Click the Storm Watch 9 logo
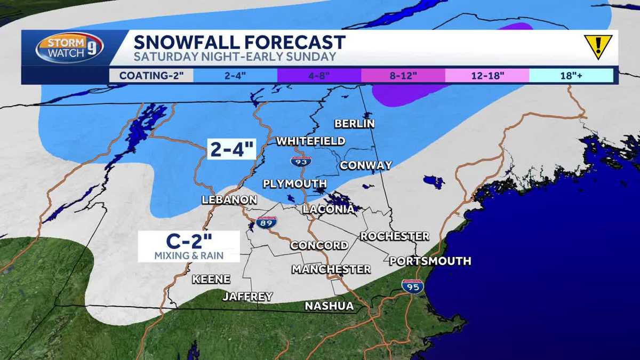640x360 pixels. point(69,47)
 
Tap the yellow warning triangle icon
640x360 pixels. point(598,46)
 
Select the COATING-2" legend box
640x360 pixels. point(151,75)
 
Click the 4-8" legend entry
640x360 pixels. point(319,75)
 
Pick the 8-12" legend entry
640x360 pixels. point(403,75)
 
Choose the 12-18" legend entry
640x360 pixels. point(487,75)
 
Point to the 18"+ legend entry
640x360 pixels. point(571,75)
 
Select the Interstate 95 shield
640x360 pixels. point(412,286)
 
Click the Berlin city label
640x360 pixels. point(354,124)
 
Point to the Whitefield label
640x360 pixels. point(310,141)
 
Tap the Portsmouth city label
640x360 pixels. point(430,261)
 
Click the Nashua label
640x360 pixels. point(329,306)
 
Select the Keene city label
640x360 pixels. point(211,279)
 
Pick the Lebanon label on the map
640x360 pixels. point(229,200)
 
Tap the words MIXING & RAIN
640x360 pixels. point(189,255)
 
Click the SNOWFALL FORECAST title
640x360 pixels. point(239,41)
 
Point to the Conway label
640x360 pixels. point(366,165)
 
